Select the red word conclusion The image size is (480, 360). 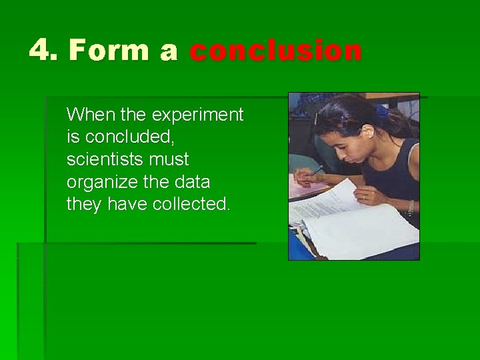(x=276, y=51)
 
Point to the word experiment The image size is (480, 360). (x=197, y=115)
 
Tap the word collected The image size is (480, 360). (x=192, y=204)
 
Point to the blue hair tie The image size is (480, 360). (x=383, y=110)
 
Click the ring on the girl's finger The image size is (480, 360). (x=364, y=197)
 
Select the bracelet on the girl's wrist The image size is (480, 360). (x=410, y=208)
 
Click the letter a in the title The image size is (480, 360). (x=169, y=51)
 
